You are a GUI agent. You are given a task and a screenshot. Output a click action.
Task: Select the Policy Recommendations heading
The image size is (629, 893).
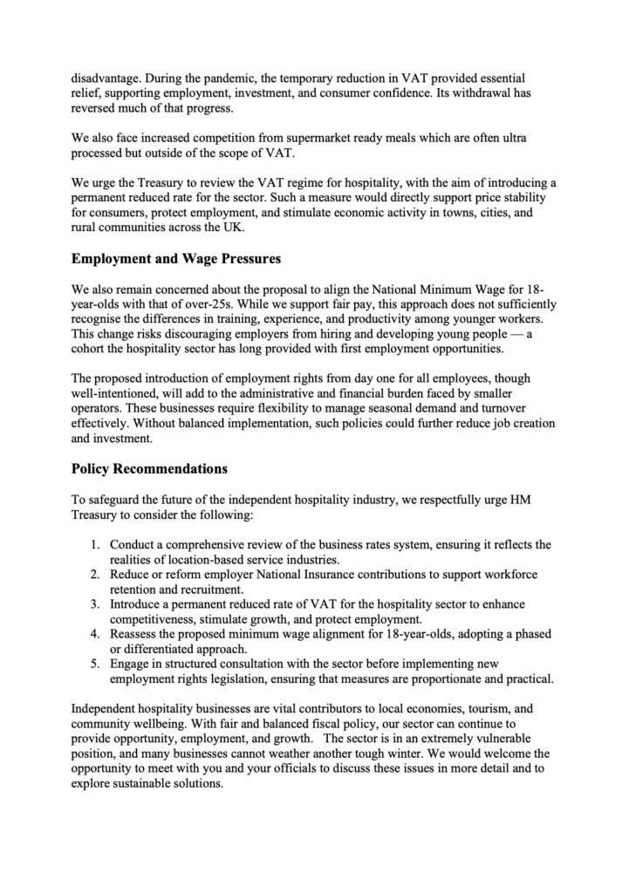[149, 468]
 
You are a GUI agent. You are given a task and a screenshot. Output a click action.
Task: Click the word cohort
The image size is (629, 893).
[90, 349]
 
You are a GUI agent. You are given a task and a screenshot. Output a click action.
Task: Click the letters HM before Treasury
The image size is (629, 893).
[541, 499]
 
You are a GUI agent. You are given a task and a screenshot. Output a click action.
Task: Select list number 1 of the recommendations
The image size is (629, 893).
[97, 545]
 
